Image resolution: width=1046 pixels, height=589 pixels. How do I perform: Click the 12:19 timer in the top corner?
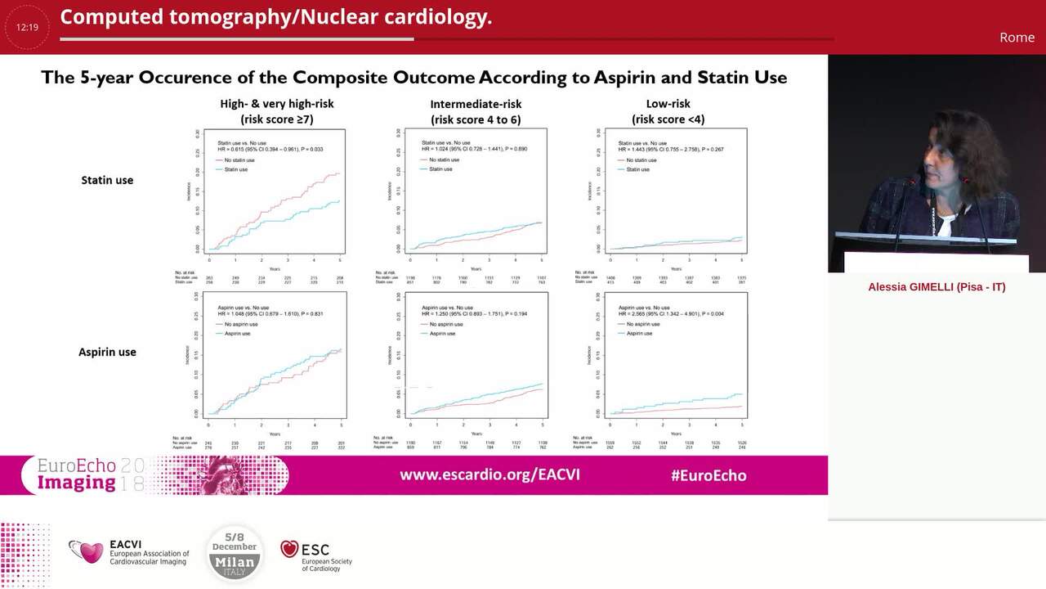coord(27,27)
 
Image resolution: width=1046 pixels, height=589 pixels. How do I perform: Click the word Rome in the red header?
coord(1017,38)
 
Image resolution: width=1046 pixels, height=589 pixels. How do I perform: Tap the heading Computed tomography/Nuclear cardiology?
coord(276,17)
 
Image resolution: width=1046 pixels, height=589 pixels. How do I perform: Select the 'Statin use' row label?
coord(107,180)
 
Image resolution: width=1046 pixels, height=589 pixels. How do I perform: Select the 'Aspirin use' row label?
coord(107,352)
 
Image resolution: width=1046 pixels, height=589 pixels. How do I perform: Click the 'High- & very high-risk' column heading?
coord(277,104)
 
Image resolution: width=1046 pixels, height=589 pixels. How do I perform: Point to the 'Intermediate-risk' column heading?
coord(476,104)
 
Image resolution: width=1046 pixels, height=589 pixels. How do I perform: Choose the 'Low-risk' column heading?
coord(668,104)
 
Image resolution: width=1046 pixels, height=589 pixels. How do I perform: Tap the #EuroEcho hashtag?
coord(708,475)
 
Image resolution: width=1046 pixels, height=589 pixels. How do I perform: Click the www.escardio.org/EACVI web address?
coord(489,474)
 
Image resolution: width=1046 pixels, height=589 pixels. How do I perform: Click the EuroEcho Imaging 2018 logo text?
coord(90,474)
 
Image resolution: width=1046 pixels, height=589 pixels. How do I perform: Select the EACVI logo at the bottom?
coord(129,552)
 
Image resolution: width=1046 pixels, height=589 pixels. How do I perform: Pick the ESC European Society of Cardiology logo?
coord(316,554)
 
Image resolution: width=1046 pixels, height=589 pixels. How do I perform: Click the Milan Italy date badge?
coord(235,553)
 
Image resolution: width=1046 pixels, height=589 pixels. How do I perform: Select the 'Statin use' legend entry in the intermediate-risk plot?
coord(440,169)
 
